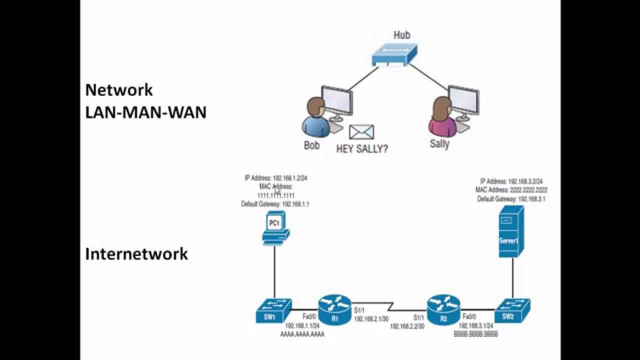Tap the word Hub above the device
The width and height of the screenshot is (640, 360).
401,35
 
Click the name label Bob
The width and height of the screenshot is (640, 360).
311,146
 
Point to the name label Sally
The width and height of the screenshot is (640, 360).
439,144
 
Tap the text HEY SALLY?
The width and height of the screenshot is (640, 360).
361,149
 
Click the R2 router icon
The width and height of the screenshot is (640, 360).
443,309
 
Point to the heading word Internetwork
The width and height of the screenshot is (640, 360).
136,254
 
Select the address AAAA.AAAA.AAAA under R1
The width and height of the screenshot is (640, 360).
302,334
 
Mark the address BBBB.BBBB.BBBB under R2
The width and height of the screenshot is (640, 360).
475,332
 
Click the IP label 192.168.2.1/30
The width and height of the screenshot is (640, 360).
371,318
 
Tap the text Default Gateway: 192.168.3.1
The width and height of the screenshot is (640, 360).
511,199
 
